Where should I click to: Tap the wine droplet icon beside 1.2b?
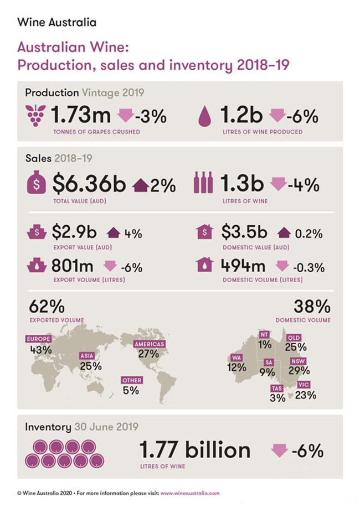205,117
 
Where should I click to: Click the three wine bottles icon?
203,183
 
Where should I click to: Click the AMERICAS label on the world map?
150,344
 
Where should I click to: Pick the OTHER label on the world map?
131,380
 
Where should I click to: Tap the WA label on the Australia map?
236,358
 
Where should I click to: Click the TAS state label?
277,388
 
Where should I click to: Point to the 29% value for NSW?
299,371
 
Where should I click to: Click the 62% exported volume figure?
46,306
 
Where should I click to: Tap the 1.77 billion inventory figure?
194,450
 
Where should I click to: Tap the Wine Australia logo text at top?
57,23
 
